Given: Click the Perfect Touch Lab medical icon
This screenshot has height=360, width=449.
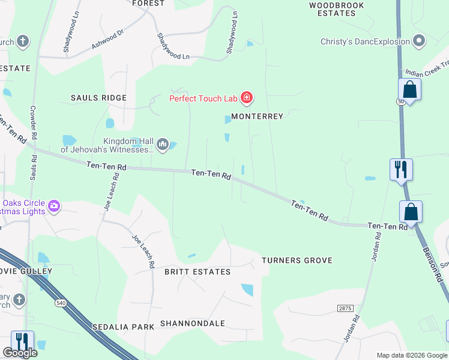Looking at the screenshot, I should pyautogui.click(x=246, y=98).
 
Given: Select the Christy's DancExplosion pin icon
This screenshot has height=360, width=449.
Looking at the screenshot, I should pyautogui.click(x=419, y=41).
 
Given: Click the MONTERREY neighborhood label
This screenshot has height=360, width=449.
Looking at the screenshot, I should pyautogui.click(x=257, y=116).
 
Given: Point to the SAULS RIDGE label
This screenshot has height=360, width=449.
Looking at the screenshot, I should pyautogui.click(x=98, y=98).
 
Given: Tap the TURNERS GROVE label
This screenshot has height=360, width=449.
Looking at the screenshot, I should pyautogui.click(x=297, y=260).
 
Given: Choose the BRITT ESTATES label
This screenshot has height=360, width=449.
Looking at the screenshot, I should pyautogui.click(x=197, y=272).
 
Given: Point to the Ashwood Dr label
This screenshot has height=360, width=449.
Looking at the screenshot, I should pyautogui.click(x=108, y=41).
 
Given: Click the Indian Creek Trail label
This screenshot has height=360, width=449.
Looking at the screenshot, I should pyautogui.click(x=427, y=71).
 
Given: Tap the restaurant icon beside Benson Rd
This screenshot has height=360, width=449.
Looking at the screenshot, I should pyautogui.click(x=401, y=169).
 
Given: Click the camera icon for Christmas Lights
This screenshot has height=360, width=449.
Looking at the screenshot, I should pyautogui.click(x=55, y=206).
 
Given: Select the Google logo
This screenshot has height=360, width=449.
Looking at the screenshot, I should pyautogui.click(x=20, y=353).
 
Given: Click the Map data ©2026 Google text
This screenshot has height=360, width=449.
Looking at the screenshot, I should pyautogui.click(x=411, y=355).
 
